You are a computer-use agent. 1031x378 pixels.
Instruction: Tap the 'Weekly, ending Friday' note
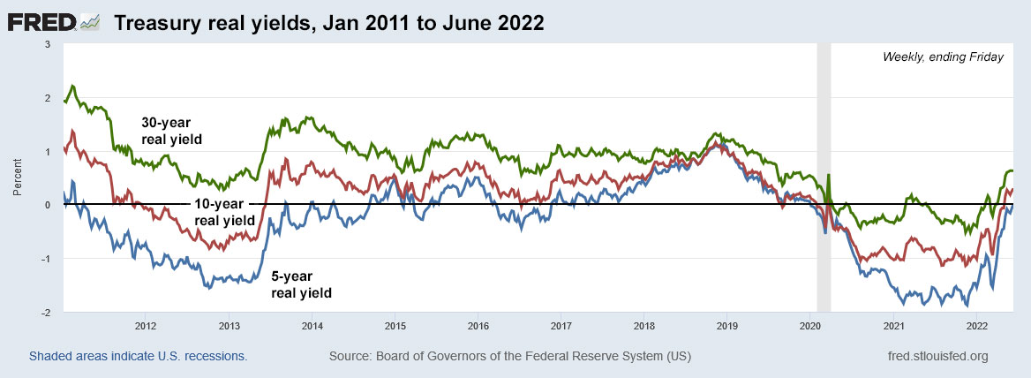[943, 57]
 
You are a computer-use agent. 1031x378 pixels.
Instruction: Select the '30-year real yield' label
[172, 132]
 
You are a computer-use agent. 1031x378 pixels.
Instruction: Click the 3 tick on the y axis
[49, 43]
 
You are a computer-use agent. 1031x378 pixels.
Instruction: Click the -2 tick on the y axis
[47, 313]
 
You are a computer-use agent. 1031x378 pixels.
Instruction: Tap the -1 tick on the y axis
[47, 259]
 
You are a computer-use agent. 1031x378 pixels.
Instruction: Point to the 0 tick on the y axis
[49, 205]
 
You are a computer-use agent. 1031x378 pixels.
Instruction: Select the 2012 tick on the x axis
[146, 326]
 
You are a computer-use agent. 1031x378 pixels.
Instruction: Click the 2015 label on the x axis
[395, 326]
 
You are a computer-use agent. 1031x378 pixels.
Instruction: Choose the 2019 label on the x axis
[727, 326]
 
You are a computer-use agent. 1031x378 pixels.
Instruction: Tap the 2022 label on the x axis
[977, 326]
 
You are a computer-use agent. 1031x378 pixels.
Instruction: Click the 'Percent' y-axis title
[18, 178]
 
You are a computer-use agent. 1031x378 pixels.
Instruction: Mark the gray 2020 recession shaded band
[824, 177]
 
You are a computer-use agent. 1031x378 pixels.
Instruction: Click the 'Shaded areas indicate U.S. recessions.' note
[138, 357]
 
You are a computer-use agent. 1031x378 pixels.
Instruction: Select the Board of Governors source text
[509, 357]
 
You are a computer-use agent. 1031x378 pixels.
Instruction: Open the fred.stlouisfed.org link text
[936, 357]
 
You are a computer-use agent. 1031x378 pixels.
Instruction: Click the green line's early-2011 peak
[72, 86]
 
